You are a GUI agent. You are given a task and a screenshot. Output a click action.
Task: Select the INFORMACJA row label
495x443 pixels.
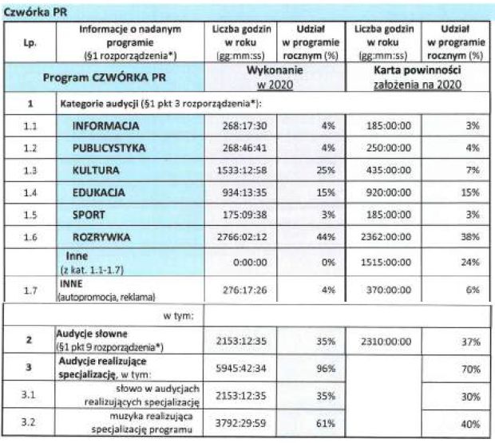105,126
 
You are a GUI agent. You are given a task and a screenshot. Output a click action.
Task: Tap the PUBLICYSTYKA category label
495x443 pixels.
114,148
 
